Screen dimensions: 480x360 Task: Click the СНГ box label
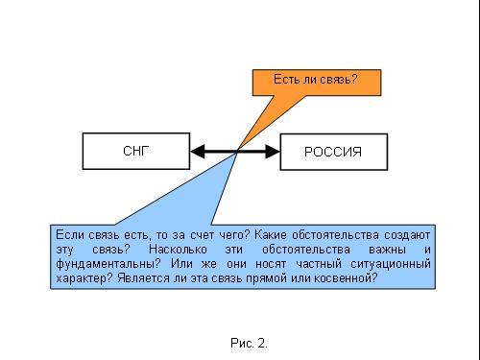pyautogui.click(x=136, y=151)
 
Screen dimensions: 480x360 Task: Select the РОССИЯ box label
pyautogui.click(x=333, y=152)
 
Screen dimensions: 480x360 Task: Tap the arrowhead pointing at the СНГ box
pyautogui.click(x=198, y=151)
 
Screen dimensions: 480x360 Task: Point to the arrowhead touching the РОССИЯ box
pyautogui.click(x=273, y=152)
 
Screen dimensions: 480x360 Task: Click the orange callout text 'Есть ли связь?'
pyautogui.click(x=315, y=79)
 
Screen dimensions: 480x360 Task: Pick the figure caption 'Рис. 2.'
pyautogui.click(x=249, y=343)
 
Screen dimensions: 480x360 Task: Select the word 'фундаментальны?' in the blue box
pyautogui.click(x=108, y=264)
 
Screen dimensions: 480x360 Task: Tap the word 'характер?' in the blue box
pyautogui.click(x=84, y=278)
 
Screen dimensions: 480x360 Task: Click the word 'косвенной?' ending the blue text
pyautogui.click(x=346, y=277)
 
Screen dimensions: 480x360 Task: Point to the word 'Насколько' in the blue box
pyautogui.click(x=178, y=250)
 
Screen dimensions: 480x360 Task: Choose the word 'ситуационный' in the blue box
pyautogui.click(x=391, y=264)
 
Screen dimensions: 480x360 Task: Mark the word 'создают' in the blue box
pyautogui.click(x=407, y=235)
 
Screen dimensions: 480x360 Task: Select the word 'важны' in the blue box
pyautogui.click(x=387, y=250)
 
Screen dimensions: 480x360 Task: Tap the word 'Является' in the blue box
pyautogui.click(x=143, y=277)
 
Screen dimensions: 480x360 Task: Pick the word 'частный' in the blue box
pyautogui.click(x=319, y=264)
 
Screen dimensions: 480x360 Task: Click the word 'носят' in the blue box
pyautogui.click(x=271, y=264)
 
